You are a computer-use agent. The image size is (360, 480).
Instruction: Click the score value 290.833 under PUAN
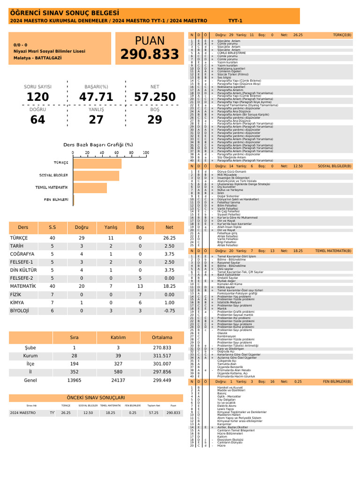150,55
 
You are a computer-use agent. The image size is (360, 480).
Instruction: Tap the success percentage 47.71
96,97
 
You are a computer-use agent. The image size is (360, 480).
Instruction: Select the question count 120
38,97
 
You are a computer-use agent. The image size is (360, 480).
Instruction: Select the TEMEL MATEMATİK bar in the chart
90,187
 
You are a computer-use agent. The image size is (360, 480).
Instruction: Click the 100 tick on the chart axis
145,153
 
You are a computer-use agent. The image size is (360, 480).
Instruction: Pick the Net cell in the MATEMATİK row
169,285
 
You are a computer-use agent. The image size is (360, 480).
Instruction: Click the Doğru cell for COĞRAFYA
81,254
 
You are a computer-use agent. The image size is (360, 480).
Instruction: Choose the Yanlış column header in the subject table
111,227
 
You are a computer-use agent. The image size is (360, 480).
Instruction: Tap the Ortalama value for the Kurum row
162,356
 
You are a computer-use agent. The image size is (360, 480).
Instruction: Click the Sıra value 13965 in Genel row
74,380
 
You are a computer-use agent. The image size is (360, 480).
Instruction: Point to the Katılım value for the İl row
118,372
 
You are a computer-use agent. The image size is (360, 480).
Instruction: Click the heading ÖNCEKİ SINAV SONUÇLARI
96,397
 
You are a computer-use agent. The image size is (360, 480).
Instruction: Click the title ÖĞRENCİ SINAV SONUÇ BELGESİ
64,13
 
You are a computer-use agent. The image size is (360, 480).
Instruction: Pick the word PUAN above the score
150,40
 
